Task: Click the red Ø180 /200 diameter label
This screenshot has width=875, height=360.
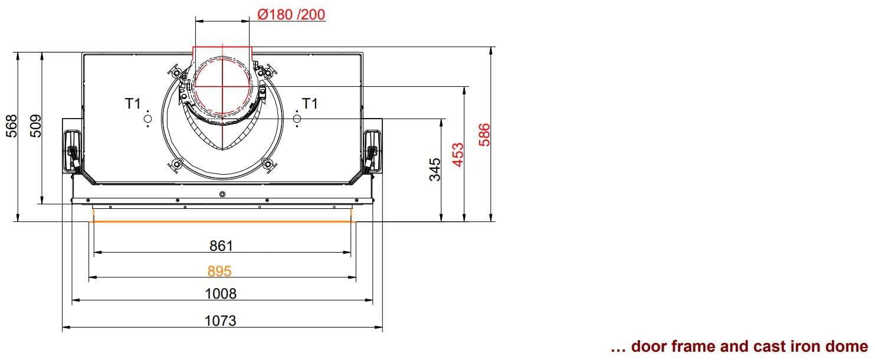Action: coord(291,15)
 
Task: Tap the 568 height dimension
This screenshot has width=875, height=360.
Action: coord(12,126)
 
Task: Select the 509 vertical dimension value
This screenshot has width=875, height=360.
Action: coord(35,126)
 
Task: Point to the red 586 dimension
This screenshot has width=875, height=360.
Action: coord(484,135)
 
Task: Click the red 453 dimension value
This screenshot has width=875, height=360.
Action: coord(458,155)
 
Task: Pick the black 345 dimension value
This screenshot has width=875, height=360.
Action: coord(435,169)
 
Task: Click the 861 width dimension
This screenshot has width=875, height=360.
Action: coord(221,246)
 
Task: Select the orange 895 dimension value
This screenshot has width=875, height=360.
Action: coord(219,271)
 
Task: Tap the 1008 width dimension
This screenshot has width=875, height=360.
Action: coord(221,293)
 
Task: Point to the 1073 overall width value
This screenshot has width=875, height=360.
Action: coord(221,321)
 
